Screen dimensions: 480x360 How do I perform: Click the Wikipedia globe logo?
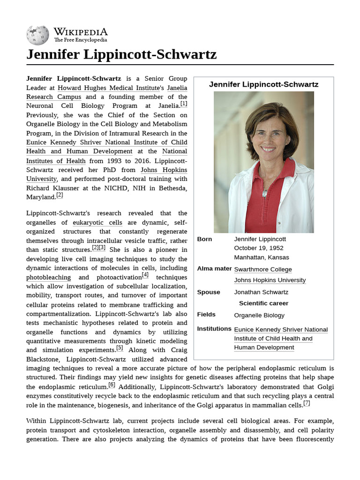tap(37, 35)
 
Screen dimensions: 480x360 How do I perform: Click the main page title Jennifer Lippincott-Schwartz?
tap(121, 54)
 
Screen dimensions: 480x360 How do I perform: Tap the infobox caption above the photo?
tap(263, 84)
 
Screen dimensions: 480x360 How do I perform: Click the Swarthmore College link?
tap(262, 270)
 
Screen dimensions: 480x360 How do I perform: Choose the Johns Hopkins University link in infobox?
tap(270, 280)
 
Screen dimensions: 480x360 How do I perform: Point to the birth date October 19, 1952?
tap(259, 248)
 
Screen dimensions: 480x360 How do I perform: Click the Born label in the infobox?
tap(204, 239)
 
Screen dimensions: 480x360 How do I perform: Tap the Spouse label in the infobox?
tap(209, 292)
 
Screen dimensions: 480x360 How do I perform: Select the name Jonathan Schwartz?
tap(261, 292)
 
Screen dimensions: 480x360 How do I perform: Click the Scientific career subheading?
tap(263, 303)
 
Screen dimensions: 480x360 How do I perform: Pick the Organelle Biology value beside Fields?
tap(259, 315)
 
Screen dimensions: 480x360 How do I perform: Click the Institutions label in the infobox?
tap(214, 329)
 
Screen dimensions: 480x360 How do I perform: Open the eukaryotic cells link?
tap(97, 223)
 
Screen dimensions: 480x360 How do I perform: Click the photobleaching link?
tap(49, 277)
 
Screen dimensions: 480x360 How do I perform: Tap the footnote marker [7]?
tap(307, 403)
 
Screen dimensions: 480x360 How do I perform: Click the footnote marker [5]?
tap(120, 348)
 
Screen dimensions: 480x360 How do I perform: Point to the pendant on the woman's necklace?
tap(265, 193)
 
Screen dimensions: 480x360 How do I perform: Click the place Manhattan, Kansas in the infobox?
tap(262, 257)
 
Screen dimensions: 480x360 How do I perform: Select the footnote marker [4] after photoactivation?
tap(145, 275)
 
